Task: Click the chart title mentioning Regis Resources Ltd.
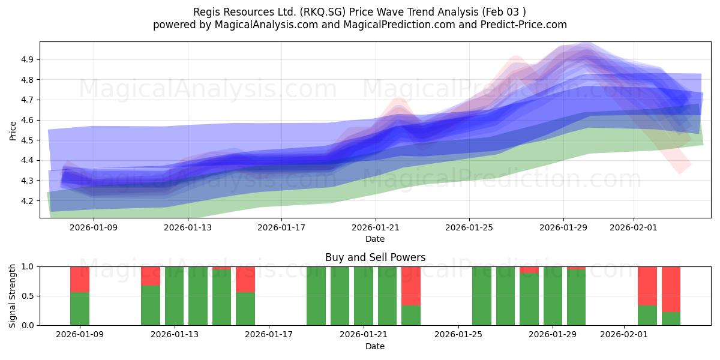(359, 12)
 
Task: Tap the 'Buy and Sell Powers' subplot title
(375, 257)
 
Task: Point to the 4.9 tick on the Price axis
(27, 59)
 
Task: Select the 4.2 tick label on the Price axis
(27, 200)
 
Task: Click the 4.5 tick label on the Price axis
(27, 140)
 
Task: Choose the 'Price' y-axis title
(13, 130)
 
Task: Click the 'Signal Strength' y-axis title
(13, 296)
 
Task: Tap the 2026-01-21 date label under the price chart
(375, 227)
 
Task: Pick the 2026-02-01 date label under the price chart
(633, 227)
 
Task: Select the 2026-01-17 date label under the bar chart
(269, 335)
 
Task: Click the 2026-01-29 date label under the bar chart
(553, 335)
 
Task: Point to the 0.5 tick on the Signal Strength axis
(27, 296)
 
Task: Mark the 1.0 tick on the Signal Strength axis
(27, 266)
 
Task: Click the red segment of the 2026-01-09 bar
(80, 279)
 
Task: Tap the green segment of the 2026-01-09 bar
(80, 308)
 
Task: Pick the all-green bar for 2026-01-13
(175, 296)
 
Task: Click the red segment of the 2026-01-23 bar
(411, 286)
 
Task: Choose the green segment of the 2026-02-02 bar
(647, 315)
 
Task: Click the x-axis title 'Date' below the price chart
(375, 239)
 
